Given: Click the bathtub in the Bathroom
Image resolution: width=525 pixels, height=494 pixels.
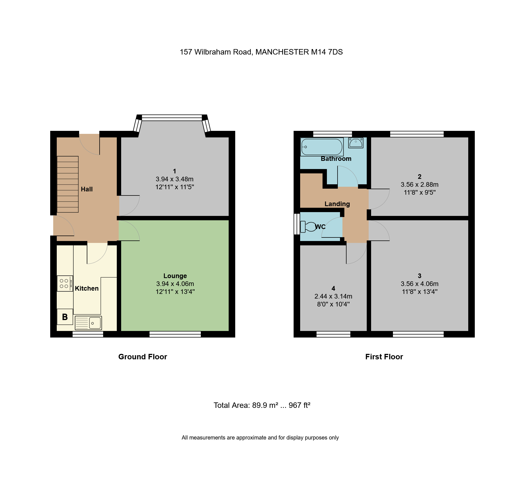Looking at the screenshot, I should point(322,147).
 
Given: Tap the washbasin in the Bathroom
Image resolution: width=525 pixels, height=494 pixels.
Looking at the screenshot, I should point(356,143).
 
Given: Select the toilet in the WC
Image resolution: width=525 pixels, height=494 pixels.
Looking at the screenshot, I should point(308,227).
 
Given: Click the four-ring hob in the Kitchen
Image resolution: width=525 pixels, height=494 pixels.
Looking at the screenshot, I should point(65,284).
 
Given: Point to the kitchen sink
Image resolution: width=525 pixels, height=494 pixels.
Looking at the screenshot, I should point(88,323).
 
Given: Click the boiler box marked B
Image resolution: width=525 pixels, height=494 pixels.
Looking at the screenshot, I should point(65,317).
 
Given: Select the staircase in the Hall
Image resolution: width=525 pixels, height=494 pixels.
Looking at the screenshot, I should point(68,184).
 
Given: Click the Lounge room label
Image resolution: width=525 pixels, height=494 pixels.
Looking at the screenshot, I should point(175,276).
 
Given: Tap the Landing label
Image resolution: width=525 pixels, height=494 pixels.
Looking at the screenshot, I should point(337,204).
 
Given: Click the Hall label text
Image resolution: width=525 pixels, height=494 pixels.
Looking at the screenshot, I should point(87,189).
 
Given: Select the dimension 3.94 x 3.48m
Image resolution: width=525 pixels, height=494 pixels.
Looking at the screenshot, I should point(174,179).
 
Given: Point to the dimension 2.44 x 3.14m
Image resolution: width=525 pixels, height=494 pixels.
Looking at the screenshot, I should point(333,296).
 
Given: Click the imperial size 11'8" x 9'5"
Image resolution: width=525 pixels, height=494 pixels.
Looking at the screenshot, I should point(419,192).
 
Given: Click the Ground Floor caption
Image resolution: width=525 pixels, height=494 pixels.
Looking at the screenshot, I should point(142,357).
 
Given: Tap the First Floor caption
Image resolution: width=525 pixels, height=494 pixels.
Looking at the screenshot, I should point(384,357).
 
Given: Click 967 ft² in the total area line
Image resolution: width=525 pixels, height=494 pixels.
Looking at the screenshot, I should point(299,405).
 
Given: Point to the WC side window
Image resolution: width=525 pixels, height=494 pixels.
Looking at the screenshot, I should point(297,224).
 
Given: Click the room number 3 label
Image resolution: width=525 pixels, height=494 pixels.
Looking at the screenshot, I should point(419,276).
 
